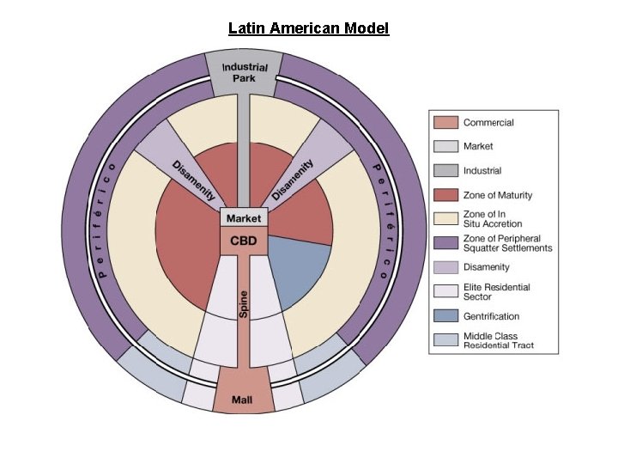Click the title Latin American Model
308,28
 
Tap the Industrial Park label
245,72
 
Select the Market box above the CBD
244,219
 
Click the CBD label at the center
244,241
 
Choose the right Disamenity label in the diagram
294,180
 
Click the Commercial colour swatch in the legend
445,123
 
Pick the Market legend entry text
478,147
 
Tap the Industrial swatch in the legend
445,171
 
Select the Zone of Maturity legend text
498,195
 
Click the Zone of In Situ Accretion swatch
445,218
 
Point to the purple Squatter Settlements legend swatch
445,242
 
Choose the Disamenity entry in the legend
487,267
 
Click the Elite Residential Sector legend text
497,292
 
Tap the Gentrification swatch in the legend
445,316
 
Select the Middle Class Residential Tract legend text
499,340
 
